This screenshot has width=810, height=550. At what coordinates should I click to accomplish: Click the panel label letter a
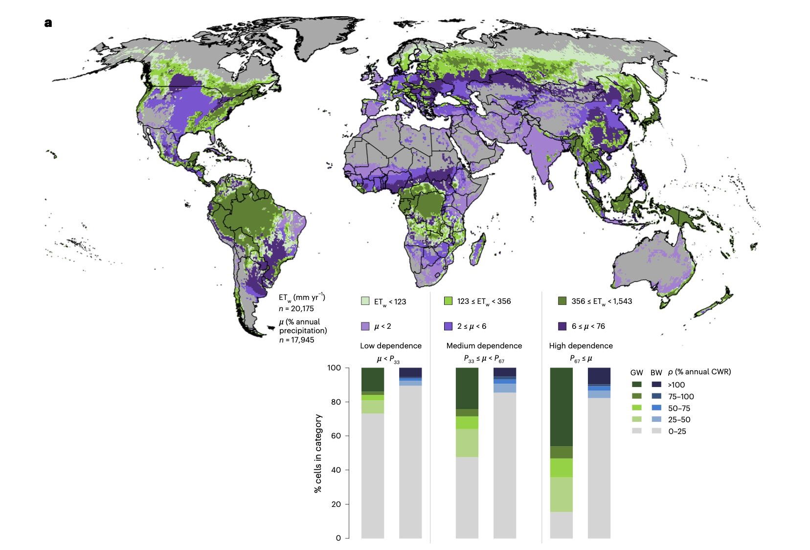pyautogui.click(x=48, y=23)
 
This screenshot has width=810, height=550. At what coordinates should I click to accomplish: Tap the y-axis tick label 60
pyautogui.click(x=336, y=435)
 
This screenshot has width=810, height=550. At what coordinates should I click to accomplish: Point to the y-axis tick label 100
pyautogui.click(x=334, y=367)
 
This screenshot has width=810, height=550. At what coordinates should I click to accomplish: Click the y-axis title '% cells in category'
pyautogui.click(x=318, y=453)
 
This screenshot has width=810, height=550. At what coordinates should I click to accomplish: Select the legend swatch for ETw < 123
pyautogui.click(x=365, y=301)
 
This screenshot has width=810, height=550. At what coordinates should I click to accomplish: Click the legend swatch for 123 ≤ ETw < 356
pyautogui.click(x=448, y=301)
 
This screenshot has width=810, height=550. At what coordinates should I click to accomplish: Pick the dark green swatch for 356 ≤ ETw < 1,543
pyautogui.click(x=562, y=301)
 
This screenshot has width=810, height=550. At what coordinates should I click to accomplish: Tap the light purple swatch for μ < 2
pyautogui.click(x=365, y=326)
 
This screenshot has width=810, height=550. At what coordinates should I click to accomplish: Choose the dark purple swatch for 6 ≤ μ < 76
pyautogui.click(x=562, y=326)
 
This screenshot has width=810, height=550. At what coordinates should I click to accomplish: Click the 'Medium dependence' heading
pyautogui.click(x=484, y=345)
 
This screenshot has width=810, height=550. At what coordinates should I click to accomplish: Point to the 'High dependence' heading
pyautogui.click(x=581, y=345)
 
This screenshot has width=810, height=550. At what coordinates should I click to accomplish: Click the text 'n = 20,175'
pyautogui.click(x=296, y=309)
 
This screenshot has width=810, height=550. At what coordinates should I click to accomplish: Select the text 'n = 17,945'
pyautogui.click(x=296, y=340)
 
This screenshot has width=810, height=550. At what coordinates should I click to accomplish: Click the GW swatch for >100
pyautogui.click(x=636, y=385)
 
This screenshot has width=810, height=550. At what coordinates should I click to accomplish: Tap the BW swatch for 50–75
pyautogui.click(x=656, y=408)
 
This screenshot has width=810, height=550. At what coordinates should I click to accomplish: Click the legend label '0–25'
pyautogui.click(x=677, y=431)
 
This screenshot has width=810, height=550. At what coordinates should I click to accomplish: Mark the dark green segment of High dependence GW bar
pyautogui.click(x=561, y=406)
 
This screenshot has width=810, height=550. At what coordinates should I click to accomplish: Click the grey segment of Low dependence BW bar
pyautogui.click(x=410, y=460)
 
